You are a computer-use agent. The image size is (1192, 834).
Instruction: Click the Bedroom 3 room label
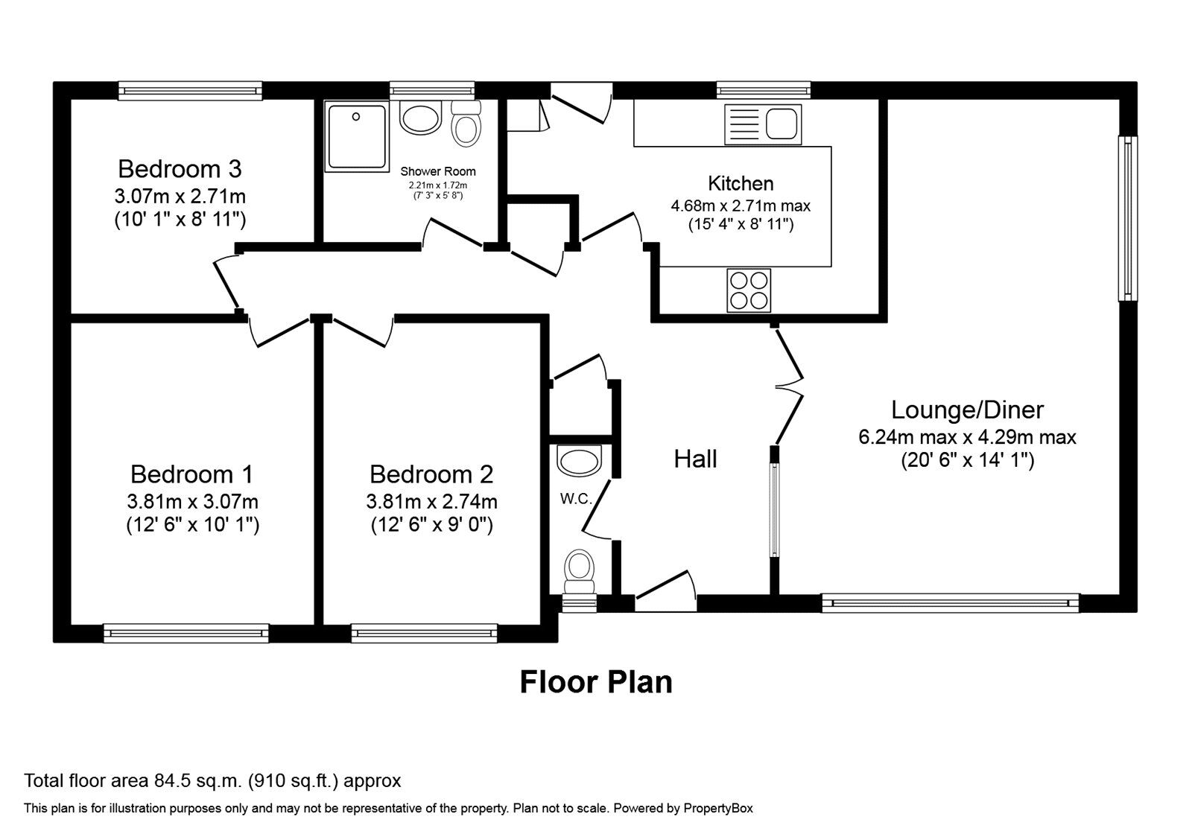tap(180, 169)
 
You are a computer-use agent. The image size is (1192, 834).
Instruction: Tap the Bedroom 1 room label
tap(191, 474)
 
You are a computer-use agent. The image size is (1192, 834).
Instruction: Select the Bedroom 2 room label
tap(431, 474)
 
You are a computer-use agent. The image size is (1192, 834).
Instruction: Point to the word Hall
tap(695, 459)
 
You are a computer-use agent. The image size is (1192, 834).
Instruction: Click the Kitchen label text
tap(741, 183)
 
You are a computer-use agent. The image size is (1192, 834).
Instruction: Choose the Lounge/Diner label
tap(968, 410)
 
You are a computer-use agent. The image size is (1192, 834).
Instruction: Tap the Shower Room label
tap(438, 171)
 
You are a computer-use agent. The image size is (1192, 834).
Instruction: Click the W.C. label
tap(576, 499)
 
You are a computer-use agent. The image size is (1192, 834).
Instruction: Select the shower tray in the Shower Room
tap(357, 137)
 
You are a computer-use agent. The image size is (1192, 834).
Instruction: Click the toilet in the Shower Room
tap(466, 124)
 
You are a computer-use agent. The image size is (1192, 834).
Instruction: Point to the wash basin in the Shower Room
tap(421, 118)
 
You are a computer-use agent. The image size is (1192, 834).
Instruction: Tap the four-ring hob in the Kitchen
tap(749, 290)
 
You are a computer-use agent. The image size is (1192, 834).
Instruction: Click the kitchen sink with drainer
tap(763, 124)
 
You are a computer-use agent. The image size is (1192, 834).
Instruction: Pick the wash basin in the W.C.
tap(579, 461)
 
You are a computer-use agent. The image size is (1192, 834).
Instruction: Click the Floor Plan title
tap(596, 682)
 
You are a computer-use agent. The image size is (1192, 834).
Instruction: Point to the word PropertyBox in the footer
tap(718, 809)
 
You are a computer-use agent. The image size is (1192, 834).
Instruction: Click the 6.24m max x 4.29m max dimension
tap(967, 437)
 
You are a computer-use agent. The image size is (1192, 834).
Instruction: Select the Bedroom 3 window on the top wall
tap(190, 90)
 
